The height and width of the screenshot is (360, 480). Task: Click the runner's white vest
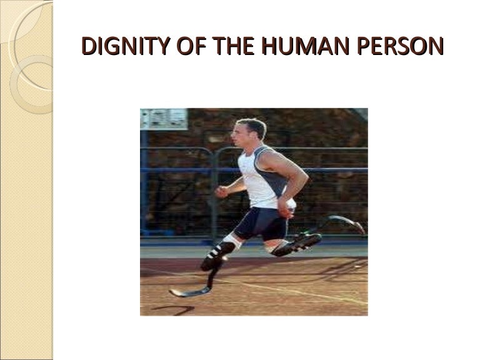point(257,178)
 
